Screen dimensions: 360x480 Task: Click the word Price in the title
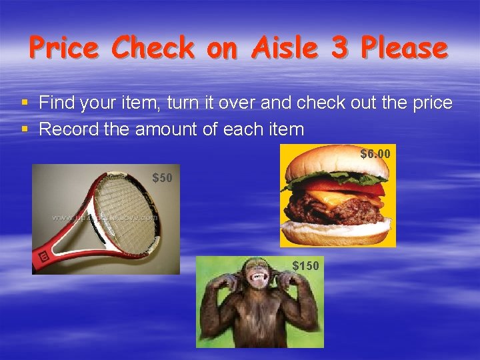[x=64, y=48]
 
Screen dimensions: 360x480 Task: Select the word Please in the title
[x=403, y=48]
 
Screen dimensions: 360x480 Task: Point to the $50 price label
[x=163, y=178]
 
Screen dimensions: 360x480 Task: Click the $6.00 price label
[x=375, y=154]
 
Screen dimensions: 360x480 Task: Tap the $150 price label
[x=306, y=266]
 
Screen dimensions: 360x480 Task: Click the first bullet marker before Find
[x=25, y=103]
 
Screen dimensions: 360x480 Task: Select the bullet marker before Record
[x=25, y=129]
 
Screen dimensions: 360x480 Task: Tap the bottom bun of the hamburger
[x=337, y=233]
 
